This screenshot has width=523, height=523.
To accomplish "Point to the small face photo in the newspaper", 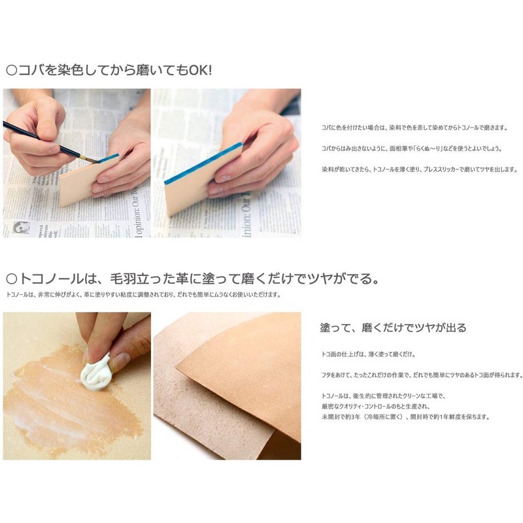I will click(21, 229).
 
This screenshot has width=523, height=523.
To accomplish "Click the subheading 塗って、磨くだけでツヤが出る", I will click(393, 327).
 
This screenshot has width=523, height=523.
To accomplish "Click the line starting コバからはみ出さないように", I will click(412, 148).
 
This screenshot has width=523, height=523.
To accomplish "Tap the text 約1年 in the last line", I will click(443, 416).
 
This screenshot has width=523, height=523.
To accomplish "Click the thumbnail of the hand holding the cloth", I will click(76, 386).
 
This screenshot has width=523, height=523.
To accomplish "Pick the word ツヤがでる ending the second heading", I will click(340, 280).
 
